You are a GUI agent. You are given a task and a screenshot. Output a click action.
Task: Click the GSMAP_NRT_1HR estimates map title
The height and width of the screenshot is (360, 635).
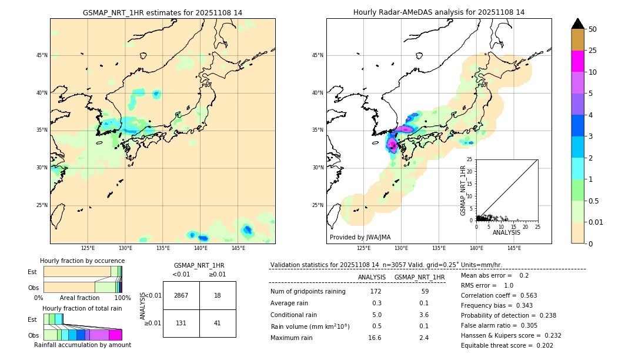(162, 12)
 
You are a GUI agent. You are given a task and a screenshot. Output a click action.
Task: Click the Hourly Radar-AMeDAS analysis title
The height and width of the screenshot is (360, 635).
(439, 12)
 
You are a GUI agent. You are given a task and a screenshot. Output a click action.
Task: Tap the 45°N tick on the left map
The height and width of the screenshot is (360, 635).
(42, 55)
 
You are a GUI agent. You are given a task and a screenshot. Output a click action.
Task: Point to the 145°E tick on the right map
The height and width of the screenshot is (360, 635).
(514, 248)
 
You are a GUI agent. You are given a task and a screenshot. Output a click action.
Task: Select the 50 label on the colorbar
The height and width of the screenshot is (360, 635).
(593, 29)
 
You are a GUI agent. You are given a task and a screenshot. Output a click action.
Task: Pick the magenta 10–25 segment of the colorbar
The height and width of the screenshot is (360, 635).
(578, 61)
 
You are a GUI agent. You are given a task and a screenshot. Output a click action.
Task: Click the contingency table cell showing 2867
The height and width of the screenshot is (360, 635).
(181, 295)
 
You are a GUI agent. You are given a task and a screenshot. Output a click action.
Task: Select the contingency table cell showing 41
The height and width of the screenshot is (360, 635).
(218, 323)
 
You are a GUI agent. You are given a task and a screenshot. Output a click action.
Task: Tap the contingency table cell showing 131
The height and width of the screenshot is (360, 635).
(181, 323)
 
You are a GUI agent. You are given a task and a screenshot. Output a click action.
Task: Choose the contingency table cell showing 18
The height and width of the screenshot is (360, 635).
(218, 295)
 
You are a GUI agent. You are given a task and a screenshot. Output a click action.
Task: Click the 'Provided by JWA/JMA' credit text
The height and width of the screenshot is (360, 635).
(360, 238)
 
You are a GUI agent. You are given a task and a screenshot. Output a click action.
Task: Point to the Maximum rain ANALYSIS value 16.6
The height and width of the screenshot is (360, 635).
(375, 338)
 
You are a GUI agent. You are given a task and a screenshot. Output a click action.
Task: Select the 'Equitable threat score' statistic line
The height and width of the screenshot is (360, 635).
(507, 345)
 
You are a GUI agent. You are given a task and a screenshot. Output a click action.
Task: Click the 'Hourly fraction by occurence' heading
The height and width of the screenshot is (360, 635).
(82, 261)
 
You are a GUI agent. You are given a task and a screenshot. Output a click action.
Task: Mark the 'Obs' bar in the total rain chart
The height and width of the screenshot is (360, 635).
(82, 335)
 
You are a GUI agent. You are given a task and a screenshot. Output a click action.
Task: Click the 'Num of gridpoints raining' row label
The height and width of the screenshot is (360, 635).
(308, 292)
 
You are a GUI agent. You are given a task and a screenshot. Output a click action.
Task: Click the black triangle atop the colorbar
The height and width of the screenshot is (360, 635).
(578, 24)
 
